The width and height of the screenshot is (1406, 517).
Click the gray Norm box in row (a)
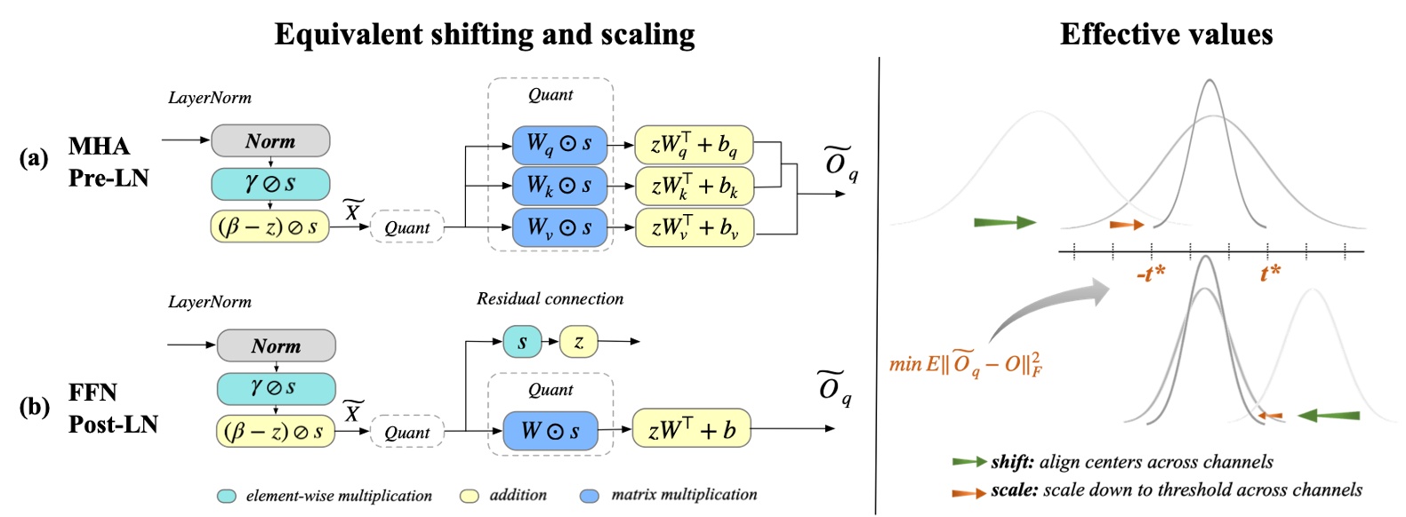(270, 141)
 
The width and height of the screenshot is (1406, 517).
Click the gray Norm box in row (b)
(276, 346)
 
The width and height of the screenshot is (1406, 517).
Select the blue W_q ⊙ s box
(559, 144)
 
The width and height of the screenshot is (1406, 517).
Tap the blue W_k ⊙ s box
(559, 186)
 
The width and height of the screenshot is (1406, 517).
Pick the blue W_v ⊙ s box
(559, 228)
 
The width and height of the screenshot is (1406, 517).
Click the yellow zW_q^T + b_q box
(694, 145)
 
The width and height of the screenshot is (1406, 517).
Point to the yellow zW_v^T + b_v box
(694, 228)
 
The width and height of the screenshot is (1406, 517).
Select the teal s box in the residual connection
(522, 342)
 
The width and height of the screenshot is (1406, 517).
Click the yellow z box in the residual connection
(578, 342)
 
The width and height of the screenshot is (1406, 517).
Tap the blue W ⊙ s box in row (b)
(550, 432)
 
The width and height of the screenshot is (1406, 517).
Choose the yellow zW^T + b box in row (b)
(691, 430)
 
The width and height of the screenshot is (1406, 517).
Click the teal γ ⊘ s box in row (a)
(270, 184)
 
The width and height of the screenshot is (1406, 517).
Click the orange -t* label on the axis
(1150, 274)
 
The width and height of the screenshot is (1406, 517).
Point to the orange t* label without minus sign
(1270, 273)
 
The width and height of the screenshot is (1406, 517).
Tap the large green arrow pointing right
(1005, 222)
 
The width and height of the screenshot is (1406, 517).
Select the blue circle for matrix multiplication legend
(589, 496)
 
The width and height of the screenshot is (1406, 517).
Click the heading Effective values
(1166, 35)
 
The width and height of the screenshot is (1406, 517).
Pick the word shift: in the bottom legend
(1012, 462)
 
